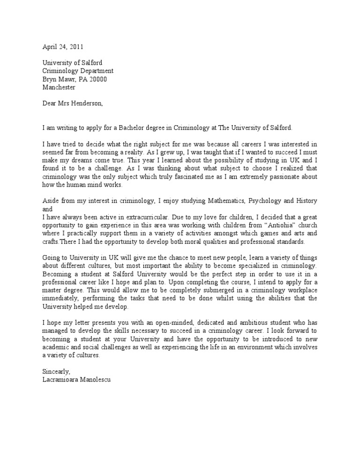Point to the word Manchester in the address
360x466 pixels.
tap(59, 87)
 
